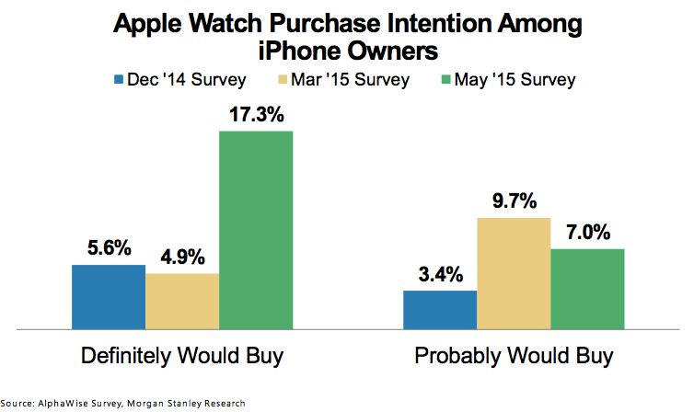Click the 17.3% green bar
point(256,229)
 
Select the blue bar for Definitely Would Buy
point(109,296)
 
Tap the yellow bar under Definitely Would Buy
point(182,301)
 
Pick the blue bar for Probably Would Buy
point(441,309)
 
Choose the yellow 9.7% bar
point(514,272)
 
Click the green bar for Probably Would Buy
point(587,288)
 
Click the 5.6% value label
point(109,248)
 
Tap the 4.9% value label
point(182,257)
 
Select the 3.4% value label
point(441,274)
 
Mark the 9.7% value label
point(514,201)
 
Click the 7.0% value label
point(587,232)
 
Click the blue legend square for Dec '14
point(119,80)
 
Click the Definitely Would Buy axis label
point(182,355)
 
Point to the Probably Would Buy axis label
point(514,355)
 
